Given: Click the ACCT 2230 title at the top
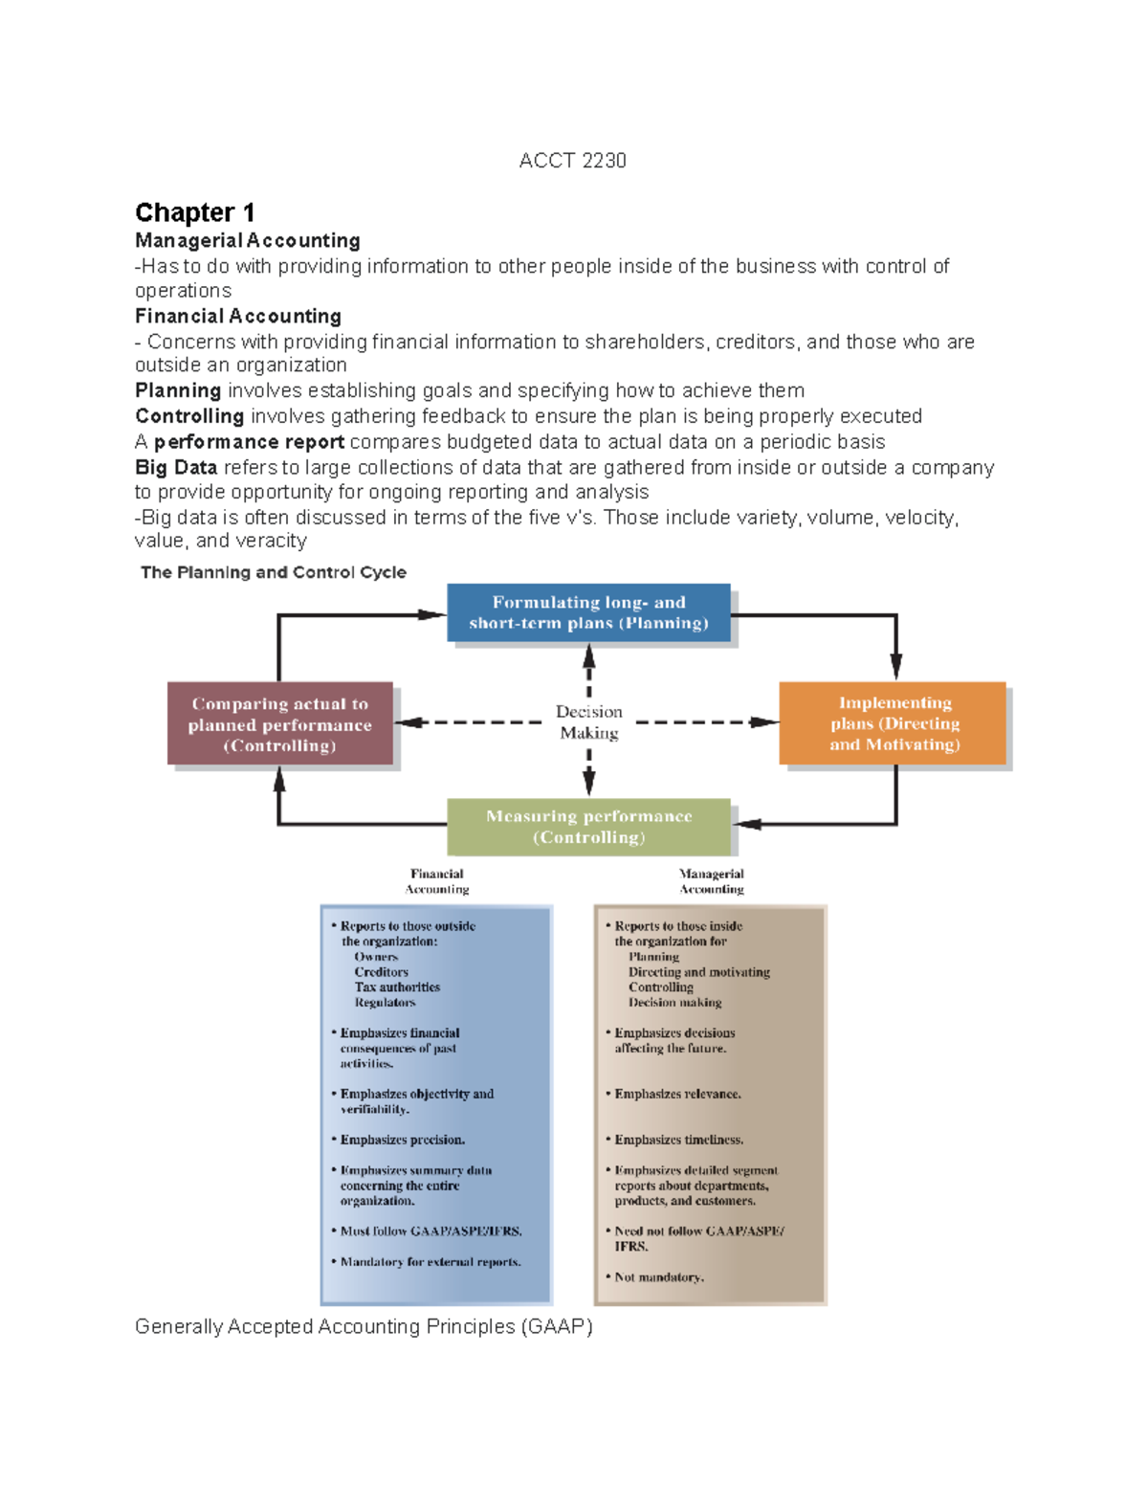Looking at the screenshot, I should pos(572,161).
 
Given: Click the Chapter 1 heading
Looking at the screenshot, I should pos(194,212).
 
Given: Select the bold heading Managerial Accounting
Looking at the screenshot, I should pos(247,240).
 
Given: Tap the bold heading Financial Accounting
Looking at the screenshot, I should pos(237,316).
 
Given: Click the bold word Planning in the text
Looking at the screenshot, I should pos(178,390).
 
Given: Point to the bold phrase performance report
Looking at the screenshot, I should pos(249,442).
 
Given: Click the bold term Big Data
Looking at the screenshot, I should pos(176,468).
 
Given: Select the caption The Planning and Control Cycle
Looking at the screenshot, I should pos(273,572).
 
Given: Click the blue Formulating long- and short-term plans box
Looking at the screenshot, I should pos(588,612).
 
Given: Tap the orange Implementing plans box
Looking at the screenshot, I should pos(894,723).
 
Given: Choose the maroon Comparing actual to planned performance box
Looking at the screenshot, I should pos(279,724).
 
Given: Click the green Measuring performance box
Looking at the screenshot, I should pos(588,827).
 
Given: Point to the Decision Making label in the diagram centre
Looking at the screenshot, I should pos(588,722).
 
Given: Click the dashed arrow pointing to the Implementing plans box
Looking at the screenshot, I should pos(708,722).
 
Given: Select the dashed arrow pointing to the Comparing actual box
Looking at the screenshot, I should pos(469,722).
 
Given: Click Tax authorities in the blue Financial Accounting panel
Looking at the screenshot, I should pos(397,987).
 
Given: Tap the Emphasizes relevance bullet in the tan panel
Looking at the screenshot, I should pos(677,1094).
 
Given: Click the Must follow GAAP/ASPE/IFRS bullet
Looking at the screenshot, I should pos(430,1231).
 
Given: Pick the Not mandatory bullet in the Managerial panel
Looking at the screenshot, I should pos(659,1277).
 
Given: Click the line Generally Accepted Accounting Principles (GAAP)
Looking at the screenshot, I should pos(364,1327).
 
